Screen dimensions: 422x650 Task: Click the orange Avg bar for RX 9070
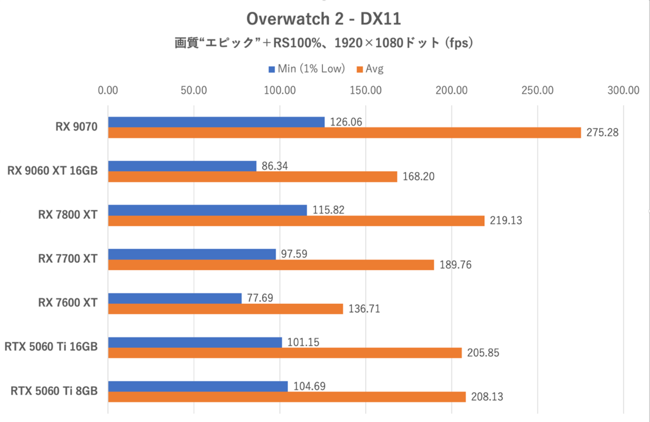(344, 132)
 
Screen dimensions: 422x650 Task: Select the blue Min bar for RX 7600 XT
(175, 298)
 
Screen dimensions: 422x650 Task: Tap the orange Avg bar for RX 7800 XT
(296, 220)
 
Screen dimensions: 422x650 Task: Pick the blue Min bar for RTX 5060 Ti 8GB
(198, 386)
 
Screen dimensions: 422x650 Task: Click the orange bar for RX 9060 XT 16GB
(253, 177)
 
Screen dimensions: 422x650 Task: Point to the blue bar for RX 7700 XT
(192, 254)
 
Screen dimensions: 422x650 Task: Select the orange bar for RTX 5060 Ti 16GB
(285, 353)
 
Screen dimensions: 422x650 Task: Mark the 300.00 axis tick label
(623, 90)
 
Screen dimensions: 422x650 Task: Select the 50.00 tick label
(194, 90)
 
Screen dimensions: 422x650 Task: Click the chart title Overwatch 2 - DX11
(323, 19)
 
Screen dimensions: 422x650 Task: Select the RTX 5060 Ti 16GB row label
(51, 347)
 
